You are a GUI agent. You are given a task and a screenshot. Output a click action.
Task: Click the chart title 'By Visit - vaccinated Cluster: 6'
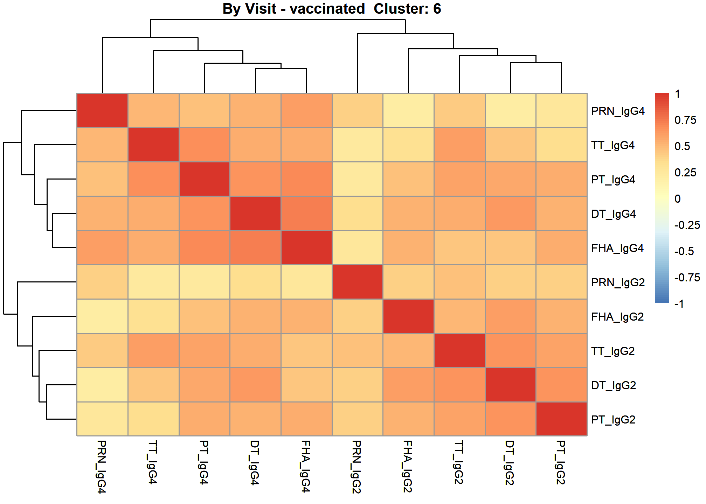332,9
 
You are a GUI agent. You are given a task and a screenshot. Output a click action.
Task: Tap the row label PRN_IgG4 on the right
618,111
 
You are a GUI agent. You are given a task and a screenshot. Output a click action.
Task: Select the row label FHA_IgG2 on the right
617,317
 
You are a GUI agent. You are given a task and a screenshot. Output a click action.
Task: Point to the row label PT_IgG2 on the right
613,420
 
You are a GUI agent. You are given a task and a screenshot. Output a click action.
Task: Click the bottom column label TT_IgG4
153,462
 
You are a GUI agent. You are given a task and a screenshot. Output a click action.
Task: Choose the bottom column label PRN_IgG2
357,467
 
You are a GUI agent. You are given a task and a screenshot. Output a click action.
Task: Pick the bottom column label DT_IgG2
510,463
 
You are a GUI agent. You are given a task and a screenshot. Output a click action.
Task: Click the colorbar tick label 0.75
685,120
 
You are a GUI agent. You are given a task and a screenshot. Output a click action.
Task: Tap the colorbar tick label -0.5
684,251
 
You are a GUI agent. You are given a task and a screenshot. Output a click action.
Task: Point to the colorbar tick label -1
679,304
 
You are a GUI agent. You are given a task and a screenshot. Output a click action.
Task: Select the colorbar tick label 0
678,199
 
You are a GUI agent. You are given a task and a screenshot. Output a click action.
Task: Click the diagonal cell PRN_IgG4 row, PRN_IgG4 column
102,110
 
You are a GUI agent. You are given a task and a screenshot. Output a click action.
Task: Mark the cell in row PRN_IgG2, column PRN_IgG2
357,282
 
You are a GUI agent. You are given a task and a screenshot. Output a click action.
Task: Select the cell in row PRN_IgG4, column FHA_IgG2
408,110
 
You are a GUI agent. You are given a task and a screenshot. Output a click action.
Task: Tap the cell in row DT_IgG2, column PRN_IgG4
102,385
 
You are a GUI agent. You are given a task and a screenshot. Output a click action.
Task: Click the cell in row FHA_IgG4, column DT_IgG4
255,247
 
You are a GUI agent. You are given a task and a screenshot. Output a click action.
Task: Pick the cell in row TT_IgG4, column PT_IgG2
561,145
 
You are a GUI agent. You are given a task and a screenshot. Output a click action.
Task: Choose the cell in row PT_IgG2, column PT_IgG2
561,419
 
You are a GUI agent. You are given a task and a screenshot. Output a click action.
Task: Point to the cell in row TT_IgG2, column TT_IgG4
153,350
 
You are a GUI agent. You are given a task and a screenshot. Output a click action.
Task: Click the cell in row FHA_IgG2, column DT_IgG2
510,316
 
